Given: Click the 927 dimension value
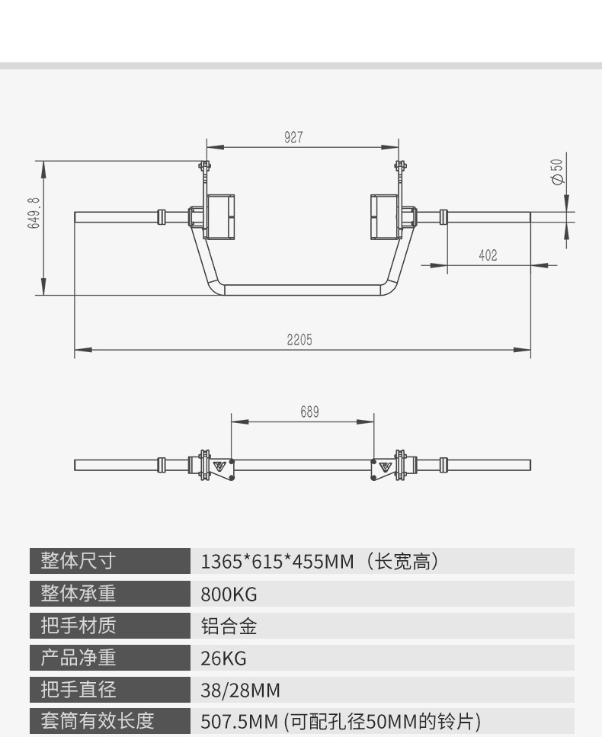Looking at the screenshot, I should [x=293, y=137].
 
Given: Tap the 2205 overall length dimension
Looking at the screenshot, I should [x=299, y=340].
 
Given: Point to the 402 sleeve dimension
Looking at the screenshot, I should [x=488, y=256].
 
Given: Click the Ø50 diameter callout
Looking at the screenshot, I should [x=557, y=171].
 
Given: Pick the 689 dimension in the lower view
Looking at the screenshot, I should [x=309, y=412].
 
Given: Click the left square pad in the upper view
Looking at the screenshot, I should [x=219, y=217].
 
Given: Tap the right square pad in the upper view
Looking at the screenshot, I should [x=386, y=217].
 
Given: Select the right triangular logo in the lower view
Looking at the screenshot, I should [x=384, y=466].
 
